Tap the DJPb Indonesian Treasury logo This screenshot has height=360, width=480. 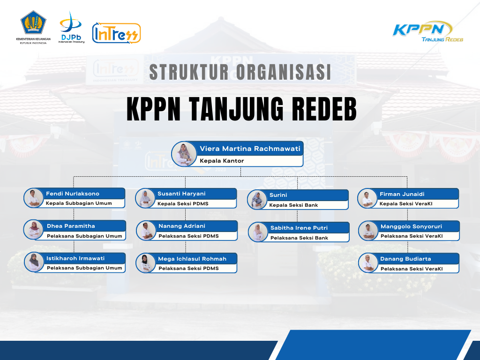pos(71,27)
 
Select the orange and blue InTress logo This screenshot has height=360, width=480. pos(116,33)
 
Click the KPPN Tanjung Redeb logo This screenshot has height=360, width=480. pos(427,31)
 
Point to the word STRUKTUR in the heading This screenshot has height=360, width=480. pos(189,72)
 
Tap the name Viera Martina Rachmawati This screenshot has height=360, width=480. pos(250,149)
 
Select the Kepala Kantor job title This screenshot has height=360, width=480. pos(222,161)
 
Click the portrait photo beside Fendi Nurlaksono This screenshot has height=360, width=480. pos(34,198)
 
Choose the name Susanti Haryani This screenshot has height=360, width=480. pos(181,194)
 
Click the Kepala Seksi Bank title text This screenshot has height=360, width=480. pos(293,205)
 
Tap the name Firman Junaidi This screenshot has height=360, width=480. pos(402,194)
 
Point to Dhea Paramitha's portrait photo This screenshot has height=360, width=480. pos(34,230)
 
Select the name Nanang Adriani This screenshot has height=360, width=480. pos(182,226)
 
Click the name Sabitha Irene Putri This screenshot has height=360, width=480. pos(299,228)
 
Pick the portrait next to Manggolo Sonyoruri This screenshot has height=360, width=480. pos(368,231)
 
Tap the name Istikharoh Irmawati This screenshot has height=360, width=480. pos(75,258)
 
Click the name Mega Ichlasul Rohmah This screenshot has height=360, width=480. pos(192,259)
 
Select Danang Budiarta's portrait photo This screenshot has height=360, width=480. pos(368,263)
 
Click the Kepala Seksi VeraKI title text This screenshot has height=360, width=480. pos(406,204)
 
